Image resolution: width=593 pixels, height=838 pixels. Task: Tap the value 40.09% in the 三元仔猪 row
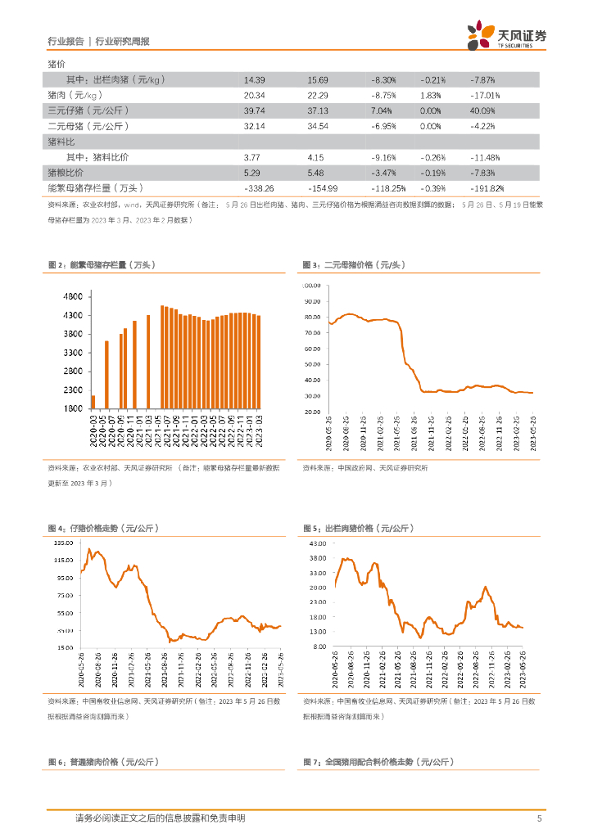(x=483, y=110)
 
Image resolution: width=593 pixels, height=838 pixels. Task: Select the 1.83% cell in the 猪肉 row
(x=431, y=95)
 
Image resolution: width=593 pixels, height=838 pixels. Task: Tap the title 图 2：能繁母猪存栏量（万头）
(x=101, y=265)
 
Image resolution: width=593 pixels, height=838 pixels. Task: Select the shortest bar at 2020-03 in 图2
(x=93, y=401)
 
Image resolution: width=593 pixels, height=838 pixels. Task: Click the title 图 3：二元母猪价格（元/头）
(x=354, y=265)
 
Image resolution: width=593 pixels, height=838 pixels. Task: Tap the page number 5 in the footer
(x=539, y=818)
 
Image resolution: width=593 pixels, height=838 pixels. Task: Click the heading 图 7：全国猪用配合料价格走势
(x=378, y=762)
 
